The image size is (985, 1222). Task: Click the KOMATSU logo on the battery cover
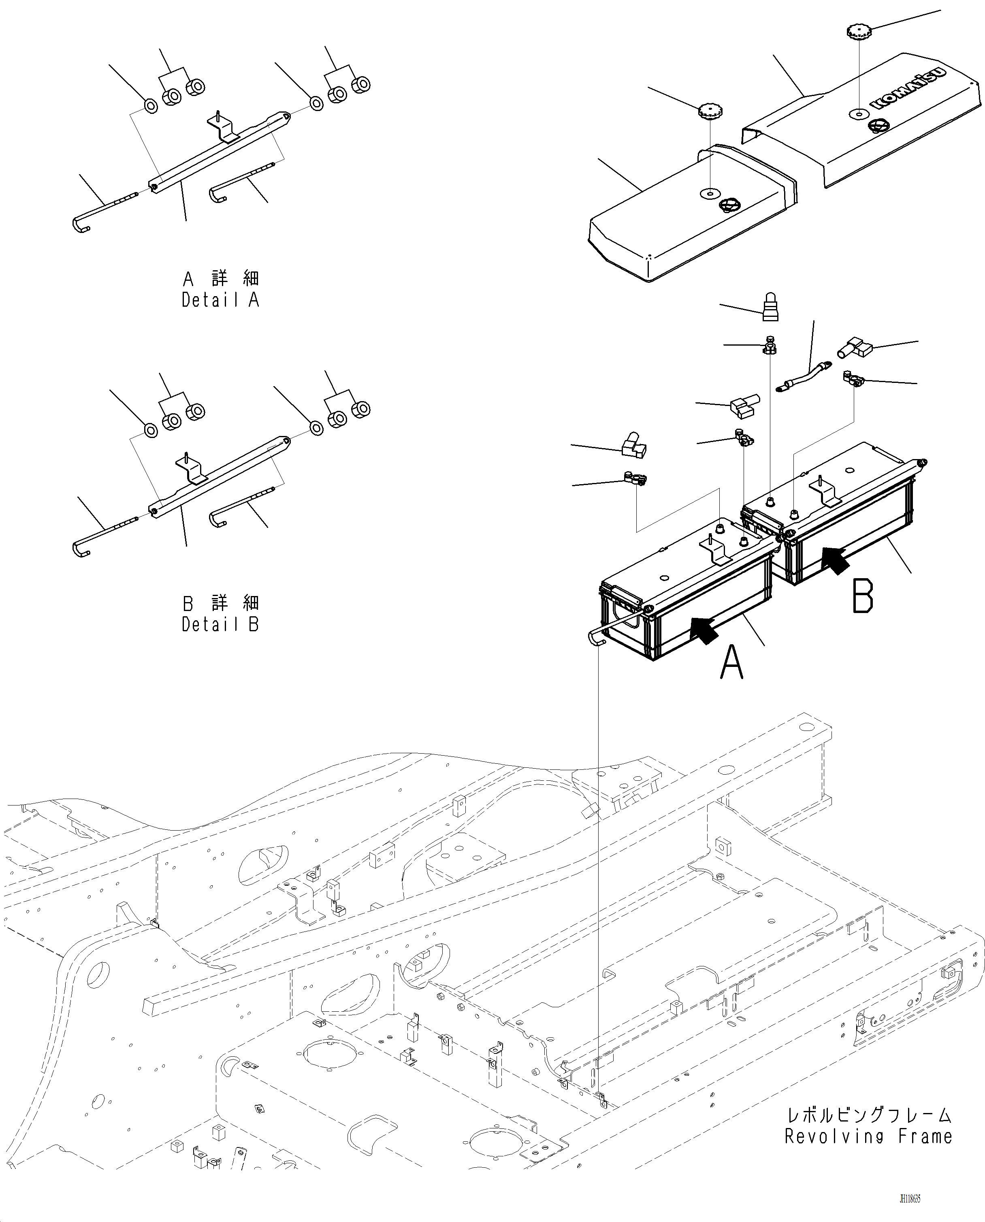(x=907, y=88)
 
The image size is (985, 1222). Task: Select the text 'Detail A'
(x=220, y=300)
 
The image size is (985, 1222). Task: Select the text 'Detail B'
(x=220, y=624)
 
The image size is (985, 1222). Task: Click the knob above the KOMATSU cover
(x=859, y=31)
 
